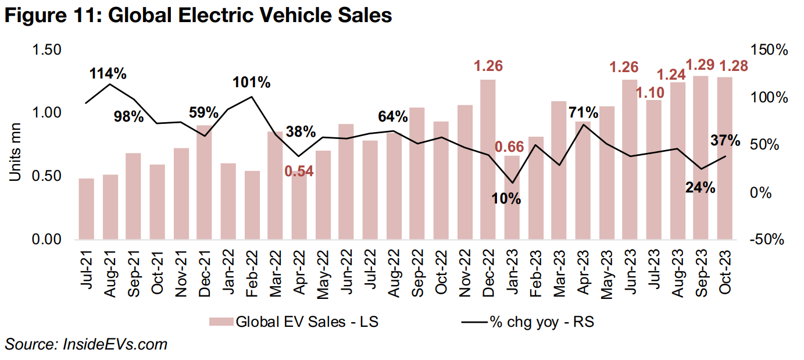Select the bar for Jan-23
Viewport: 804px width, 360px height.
512,198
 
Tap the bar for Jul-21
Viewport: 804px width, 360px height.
87,209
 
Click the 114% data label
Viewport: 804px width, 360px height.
108,74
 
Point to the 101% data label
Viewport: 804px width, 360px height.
252,83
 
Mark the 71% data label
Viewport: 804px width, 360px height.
584,112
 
